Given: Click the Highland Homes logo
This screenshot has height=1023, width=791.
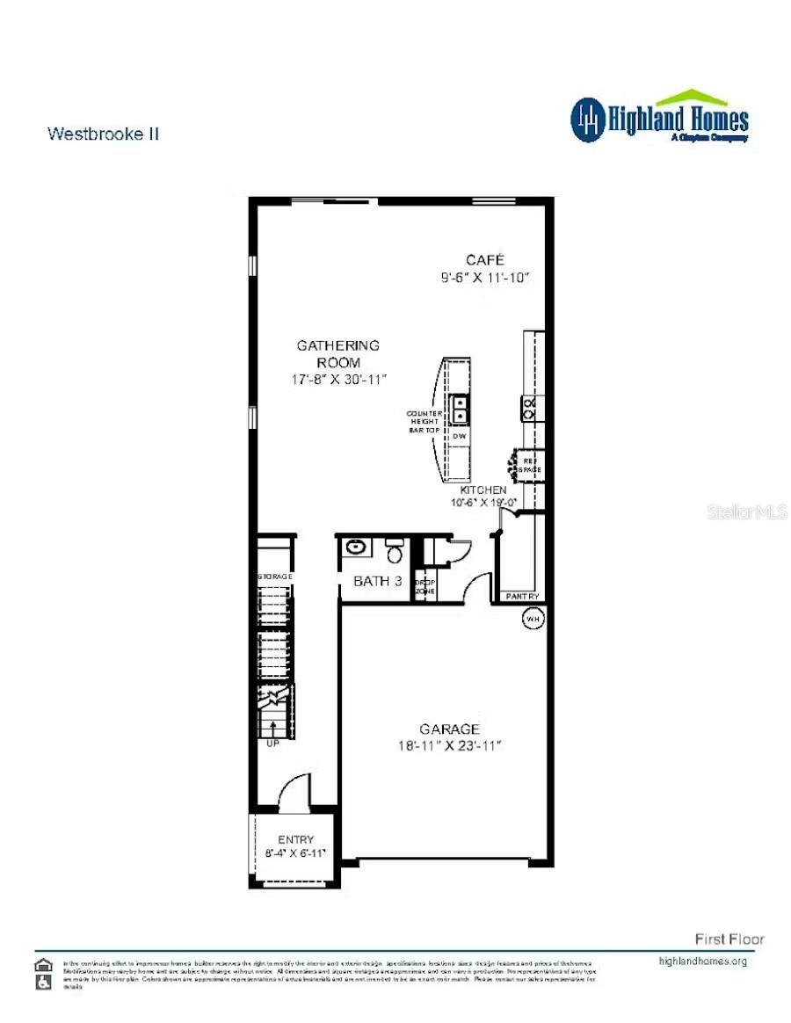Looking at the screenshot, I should coord(659,118).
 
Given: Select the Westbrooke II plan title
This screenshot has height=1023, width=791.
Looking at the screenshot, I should coord(103,134).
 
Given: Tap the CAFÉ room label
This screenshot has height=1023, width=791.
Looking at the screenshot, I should coord(485,260).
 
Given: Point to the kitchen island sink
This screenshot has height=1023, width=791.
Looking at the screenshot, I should coord(460,410).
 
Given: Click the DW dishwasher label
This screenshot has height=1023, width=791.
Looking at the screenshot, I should coord(459,437).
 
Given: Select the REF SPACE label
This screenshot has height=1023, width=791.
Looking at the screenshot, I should coord(530,465).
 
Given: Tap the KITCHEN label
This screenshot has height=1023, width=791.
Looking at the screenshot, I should coord(484,490).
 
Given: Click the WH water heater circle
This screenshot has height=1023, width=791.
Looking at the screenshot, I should coord(533,619).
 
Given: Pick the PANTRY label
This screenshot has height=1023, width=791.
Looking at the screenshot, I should coord(521,597).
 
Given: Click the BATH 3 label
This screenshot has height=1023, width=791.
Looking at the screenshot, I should coord(378,581).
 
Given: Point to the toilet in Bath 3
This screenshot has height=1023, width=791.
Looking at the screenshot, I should coord(395,551).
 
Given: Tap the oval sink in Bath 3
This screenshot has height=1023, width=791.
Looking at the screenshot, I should coord(356,547).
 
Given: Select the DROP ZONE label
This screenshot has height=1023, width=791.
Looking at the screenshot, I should coord(425,586).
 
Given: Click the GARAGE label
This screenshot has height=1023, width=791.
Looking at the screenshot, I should coord(449,729).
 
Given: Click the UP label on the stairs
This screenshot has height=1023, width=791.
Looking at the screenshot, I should coord(272,743).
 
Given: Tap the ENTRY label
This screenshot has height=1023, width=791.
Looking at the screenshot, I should coord(295,839).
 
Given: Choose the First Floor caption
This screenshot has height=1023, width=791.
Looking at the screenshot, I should coord(729,939).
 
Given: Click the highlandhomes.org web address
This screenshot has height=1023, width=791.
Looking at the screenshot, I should coord(702,961).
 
